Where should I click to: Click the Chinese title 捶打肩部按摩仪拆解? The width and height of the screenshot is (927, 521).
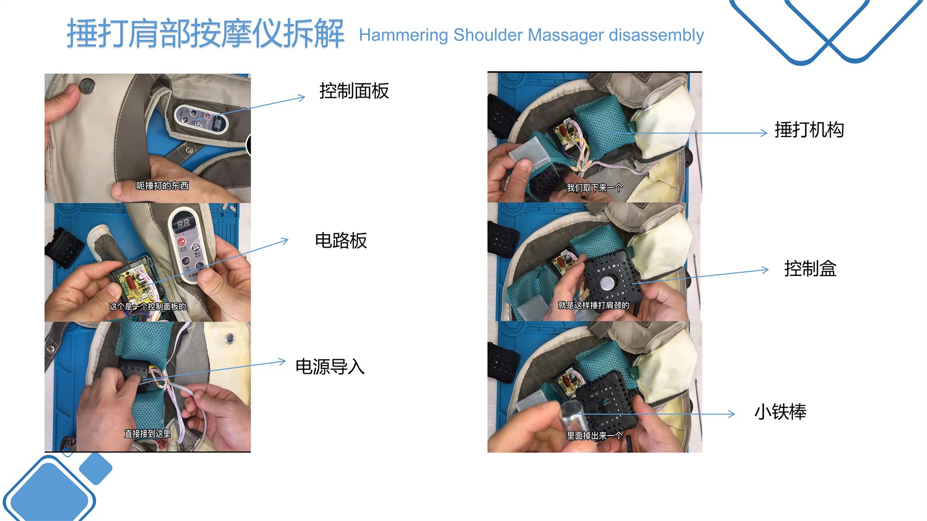(x=205, y=34)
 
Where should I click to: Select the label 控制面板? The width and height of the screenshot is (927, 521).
(x=354, y=91)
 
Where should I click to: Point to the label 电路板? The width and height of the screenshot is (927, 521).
(x=341, y=240)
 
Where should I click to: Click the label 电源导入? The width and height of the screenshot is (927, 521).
(x=330, y=367)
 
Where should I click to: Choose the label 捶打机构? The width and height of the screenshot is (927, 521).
(x=809, y=130)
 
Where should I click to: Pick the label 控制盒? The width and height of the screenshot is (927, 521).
(x=810, y=269)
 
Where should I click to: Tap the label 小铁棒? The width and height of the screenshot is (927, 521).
(x=780, y=412)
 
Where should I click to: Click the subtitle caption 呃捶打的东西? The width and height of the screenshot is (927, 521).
(x=162, y=185)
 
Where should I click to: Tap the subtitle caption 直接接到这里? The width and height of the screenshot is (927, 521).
(x=147, y=433)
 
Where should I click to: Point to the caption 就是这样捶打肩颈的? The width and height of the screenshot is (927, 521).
(x=594, y=305)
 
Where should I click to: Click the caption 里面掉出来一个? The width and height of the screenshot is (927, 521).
(x=594, y=436)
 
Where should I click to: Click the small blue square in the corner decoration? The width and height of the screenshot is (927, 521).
(x=96, y=468)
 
